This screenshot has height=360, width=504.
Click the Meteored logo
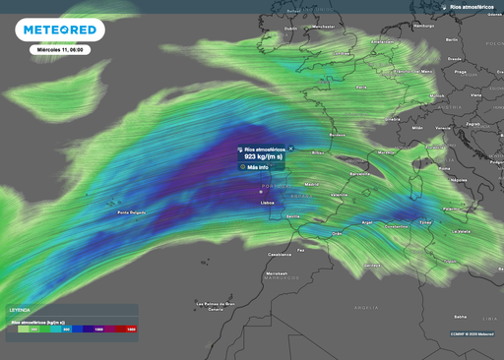tap(59, 30)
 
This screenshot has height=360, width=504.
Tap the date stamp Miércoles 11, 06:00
tap(59, 48)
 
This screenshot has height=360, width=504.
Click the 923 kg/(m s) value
tap(263, 156)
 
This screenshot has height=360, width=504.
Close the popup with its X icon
tap(290, 148)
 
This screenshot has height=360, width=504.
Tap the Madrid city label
tap(312, 184)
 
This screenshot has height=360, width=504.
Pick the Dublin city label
tap(290, 29)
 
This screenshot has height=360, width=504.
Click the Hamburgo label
tap(424, 25)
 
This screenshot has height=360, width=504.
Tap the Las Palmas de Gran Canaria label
tap(217, 305)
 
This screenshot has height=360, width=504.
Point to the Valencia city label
tap(340, 195)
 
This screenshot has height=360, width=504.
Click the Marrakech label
tap(277, 273)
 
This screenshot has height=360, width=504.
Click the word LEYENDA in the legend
tap(20, 309)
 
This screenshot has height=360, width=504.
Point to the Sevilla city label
tap(292, 216)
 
